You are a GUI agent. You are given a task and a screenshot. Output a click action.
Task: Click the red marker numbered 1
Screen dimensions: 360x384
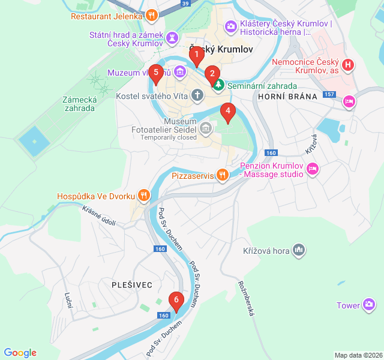pos(195,56)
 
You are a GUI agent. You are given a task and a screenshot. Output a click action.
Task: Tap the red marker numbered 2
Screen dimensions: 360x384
pos(211,74)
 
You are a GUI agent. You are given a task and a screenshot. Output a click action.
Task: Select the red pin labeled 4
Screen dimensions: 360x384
pos(227,112)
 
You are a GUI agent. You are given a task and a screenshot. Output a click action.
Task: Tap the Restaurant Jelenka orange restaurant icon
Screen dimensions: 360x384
pos(152,16)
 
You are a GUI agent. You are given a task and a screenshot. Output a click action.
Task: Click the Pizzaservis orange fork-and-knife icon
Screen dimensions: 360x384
pos(223,175)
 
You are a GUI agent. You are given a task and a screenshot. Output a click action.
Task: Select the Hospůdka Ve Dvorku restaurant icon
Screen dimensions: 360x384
pos(143,194)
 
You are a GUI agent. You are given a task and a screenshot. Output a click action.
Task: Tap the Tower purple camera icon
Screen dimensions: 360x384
pos(369,305)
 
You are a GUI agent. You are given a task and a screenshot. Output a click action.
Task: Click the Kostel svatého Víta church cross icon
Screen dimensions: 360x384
pos(197,95)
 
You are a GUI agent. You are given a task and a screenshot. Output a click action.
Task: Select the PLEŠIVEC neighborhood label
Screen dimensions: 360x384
pos(132,284)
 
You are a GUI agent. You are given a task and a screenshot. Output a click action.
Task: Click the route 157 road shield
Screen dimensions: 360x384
pos(329,94)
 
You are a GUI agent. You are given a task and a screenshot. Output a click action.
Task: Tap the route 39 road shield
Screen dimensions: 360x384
pos(185,4)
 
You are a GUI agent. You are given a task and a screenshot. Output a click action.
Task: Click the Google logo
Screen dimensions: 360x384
pos(20,353)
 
